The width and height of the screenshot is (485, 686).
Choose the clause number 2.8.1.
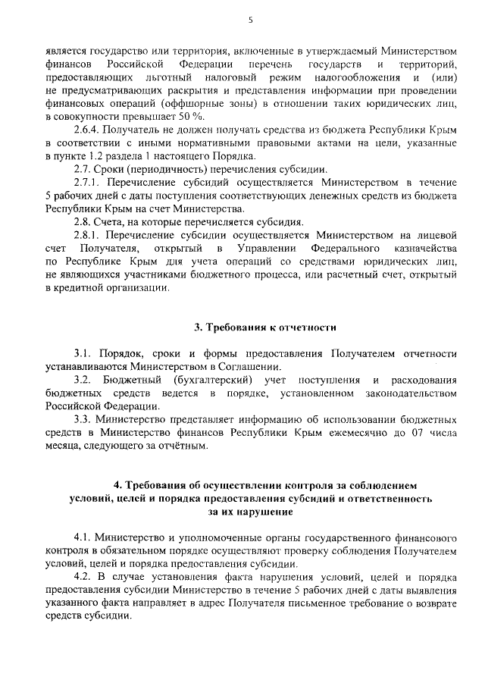[x=88, y=235]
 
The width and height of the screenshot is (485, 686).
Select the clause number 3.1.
[x=83, y=353]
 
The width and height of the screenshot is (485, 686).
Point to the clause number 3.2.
[x=83, y=379]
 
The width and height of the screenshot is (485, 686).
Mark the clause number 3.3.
[x=83, y=418]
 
